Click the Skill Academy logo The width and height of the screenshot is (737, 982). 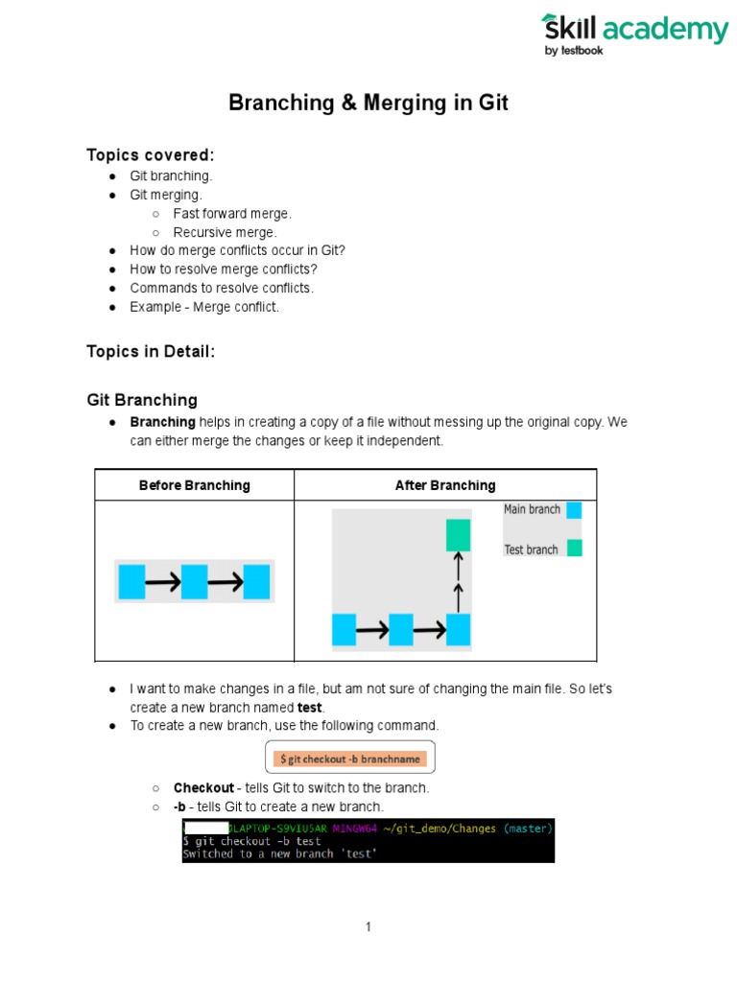coord(634,34)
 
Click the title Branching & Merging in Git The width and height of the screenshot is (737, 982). coord(368,104)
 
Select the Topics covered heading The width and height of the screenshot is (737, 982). coord(151,155)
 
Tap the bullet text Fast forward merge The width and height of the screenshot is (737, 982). coord(232,214)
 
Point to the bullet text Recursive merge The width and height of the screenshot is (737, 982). coord(225,232)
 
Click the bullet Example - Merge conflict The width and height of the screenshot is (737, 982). coord(204,306)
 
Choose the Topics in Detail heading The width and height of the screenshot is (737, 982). coord(151,352)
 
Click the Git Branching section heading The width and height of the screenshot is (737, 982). coord(142,400)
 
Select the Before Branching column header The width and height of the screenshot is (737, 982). coord(194,485)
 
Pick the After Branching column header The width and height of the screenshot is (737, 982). coord(445,485)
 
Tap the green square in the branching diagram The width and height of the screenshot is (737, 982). coord(458,535)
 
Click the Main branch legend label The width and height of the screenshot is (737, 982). coord(532,509)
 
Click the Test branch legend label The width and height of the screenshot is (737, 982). coord(531,549)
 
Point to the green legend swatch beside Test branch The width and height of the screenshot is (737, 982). coord(574,549)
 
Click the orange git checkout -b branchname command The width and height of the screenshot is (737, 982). coord(349,759)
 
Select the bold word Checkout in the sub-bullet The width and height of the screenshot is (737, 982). coord(203,787)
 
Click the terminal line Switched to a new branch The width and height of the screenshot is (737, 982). coord(279,853)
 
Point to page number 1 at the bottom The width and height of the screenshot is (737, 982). coord(368,926)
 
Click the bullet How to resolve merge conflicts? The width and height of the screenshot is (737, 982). coord(224,269)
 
